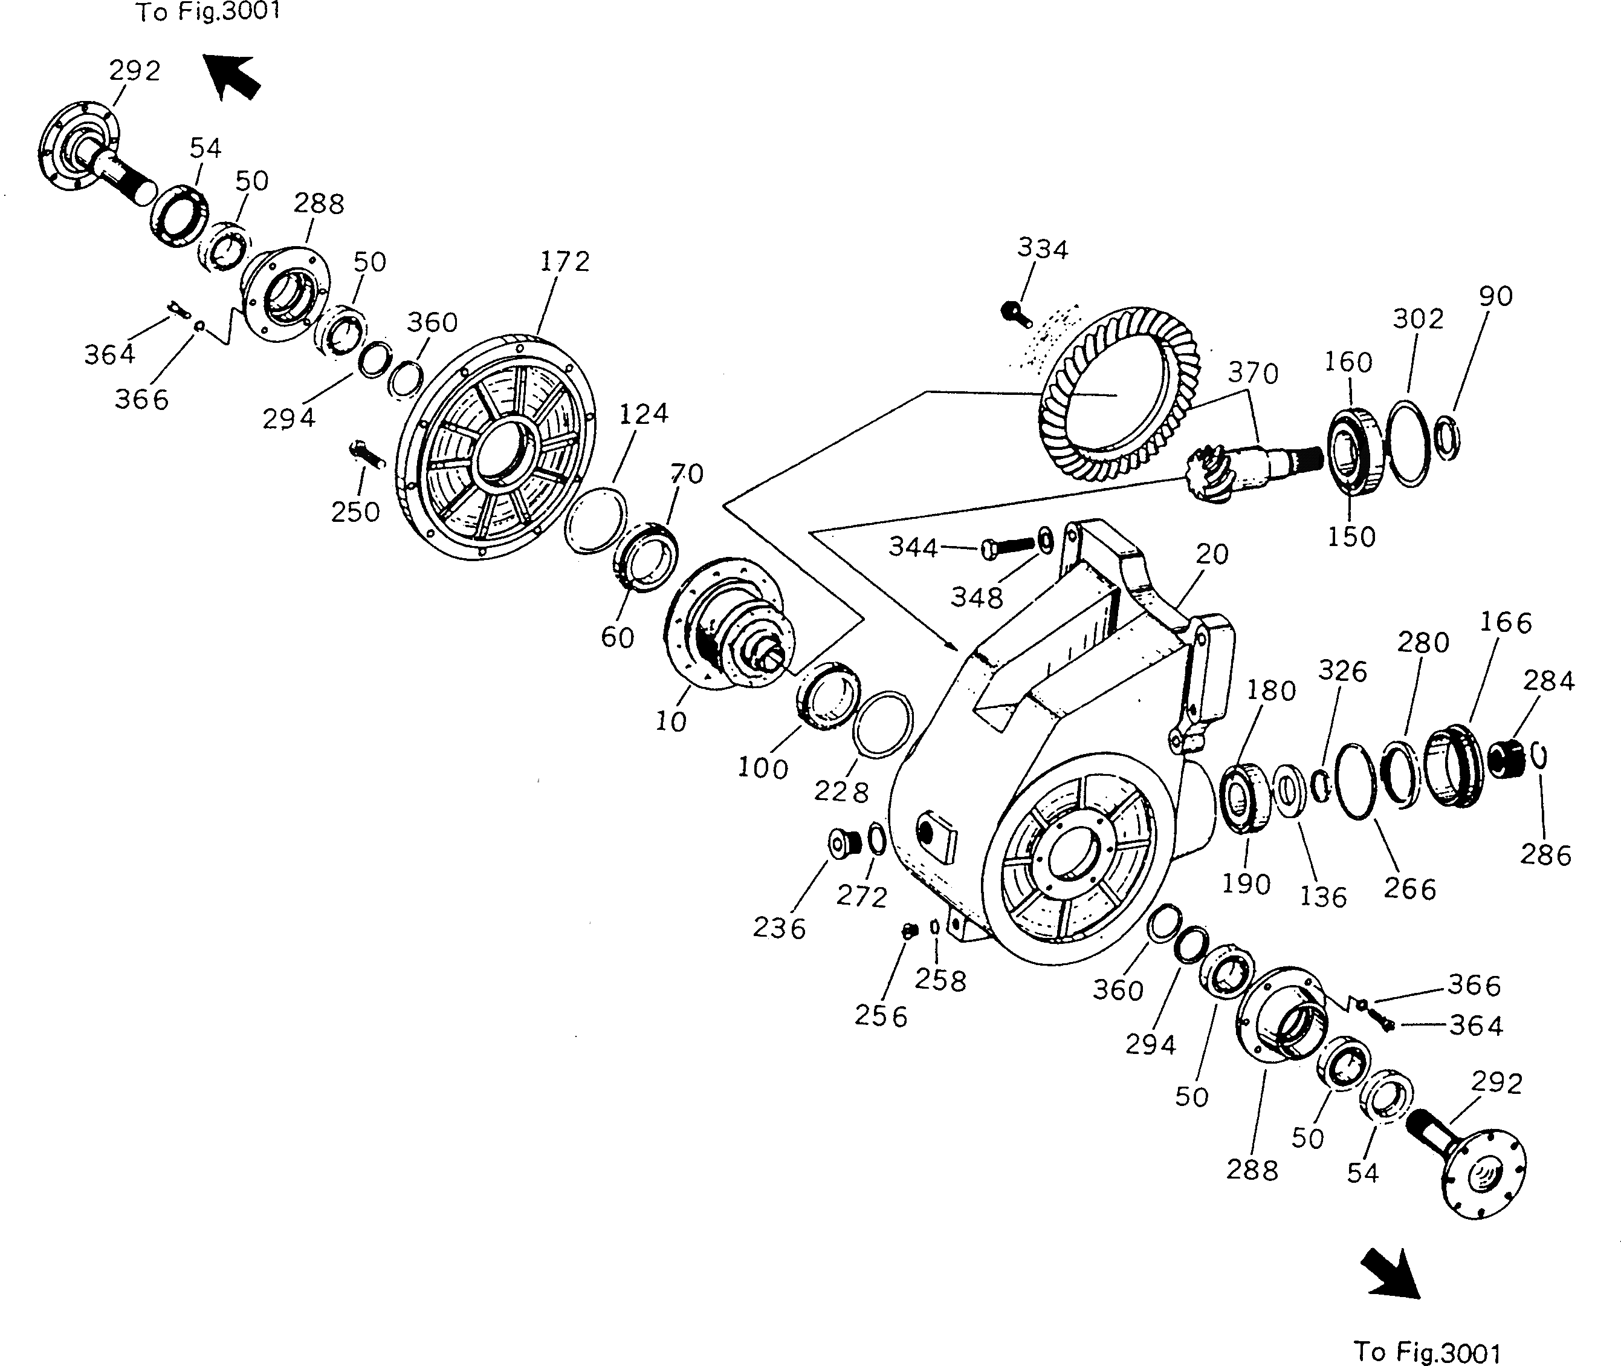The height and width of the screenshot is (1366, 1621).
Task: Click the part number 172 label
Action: point(565,261)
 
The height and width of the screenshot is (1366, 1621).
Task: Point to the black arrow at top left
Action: point(231,77)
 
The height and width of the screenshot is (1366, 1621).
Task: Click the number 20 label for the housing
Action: point(1211,554)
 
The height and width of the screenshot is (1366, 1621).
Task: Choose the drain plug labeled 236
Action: point(844,842)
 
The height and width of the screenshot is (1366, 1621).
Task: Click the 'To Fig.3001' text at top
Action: point(207,11)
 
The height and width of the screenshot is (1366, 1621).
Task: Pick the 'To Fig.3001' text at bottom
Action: point(1427,1351)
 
